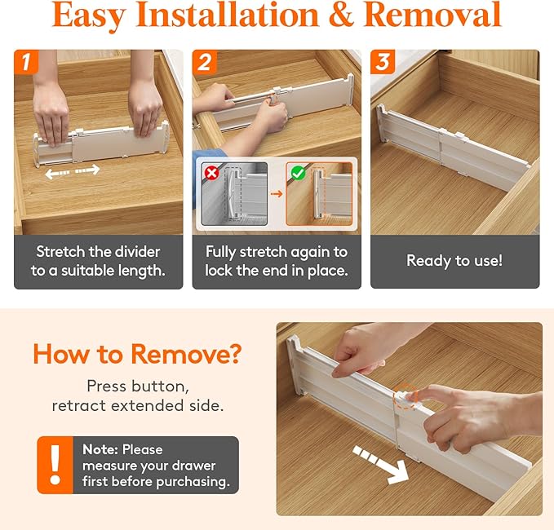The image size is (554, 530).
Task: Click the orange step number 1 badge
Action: tap(25, 61)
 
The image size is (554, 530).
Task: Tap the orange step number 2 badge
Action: tap(204, 61)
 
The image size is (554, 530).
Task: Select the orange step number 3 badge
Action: tap(382, 61)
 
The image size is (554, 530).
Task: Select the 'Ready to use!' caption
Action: tap(454, 261)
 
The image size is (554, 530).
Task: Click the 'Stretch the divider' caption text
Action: tap(98, 252)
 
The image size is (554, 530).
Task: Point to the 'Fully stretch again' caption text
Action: tap(276, 252)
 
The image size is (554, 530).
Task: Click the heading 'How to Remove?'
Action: tap(137, 355)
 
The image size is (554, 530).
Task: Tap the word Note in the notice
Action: tap(100, 449)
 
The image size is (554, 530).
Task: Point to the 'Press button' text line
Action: tap(137, 386)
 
